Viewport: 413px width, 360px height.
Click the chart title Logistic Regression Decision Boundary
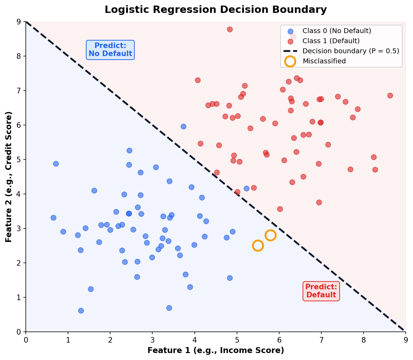[215, 10]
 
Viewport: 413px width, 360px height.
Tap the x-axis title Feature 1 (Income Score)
[215, 350]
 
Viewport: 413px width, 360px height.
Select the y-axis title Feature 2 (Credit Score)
[9, 177]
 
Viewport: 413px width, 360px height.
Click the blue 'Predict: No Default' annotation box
[110, 50]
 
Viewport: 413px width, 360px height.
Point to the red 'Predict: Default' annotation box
[321, 291]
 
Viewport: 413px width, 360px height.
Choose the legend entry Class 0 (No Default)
[337, 31]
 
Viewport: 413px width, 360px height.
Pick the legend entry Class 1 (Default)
[331, 41]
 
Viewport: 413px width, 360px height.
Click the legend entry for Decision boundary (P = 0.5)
[351, 51]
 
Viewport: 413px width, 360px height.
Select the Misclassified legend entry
[324, 61]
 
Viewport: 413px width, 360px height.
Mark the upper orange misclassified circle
[270, 235]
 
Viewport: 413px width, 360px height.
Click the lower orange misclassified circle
[258, 245]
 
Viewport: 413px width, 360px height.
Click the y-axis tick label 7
[18, 91]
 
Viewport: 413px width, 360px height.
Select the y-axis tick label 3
[18, 228]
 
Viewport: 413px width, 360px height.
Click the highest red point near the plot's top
[230, 29]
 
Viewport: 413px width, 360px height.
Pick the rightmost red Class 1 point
[390, 95]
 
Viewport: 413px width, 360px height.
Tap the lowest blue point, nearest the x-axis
[81, 311]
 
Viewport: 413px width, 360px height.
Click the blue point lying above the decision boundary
[183, 126]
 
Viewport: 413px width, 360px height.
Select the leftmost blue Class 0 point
[53, 218]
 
